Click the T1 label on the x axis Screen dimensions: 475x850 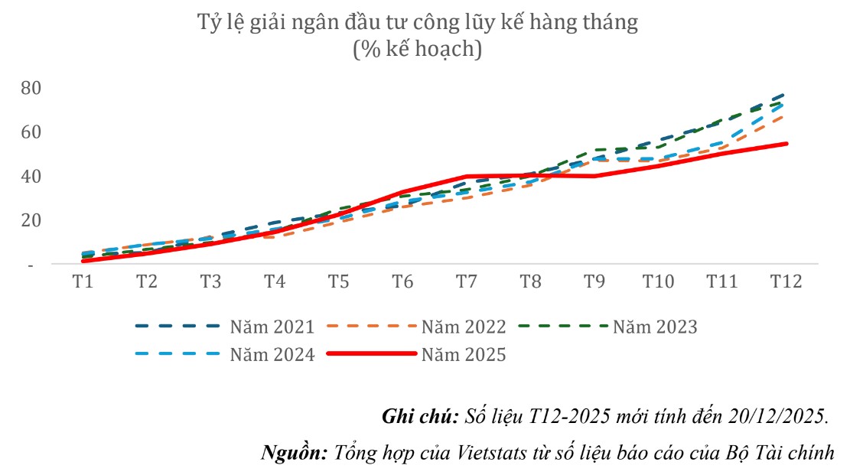[x=83, y=281]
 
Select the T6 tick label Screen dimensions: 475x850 [x=402, y=281]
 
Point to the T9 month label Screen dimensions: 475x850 [x=594, y=281]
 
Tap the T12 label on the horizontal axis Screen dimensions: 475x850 [x=786, y=281]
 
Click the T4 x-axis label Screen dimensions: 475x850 [x=275, y=281]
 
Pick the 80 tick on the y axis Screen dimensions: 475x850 [x=31, y=88]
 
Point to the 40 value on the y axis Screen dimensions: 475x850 [x=31, y=176]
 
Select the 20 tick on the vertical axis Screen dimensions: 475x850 [x=31, y=220]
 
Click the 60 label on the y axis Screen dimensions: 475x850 [x=31, y=132]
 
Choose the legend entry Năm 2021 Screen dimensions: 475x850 [x=272, y=327]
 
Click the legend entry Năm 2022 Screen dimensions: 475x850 [x=464, y=327]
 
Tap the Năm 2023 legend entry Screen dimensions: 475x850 [x=655, y=327]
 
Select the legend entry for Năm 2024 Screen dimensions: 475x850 [x=272, y=355]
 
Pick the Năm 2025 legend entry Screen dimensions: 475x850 [x=464, y=355]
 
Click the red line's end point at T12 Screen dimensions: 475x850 [x=786, y=144]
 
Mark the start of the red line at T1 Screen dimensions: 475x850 [x=83, y=261]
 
